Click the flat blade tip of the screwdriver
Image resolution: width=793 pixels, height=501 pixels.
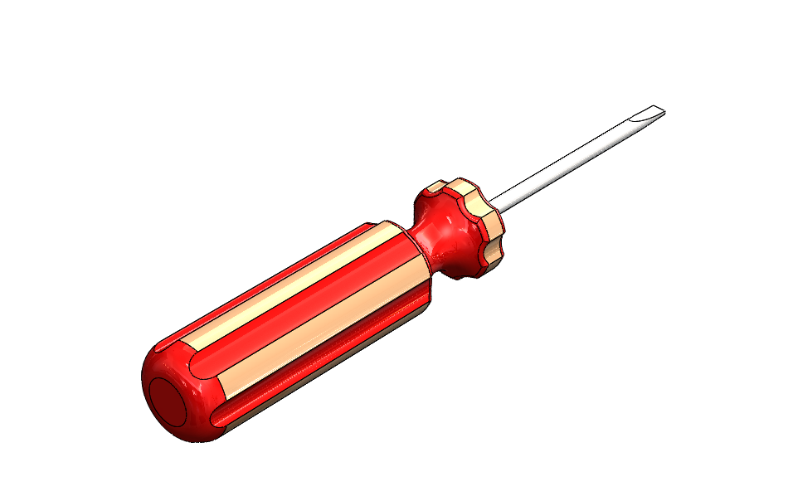point(656,112)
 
